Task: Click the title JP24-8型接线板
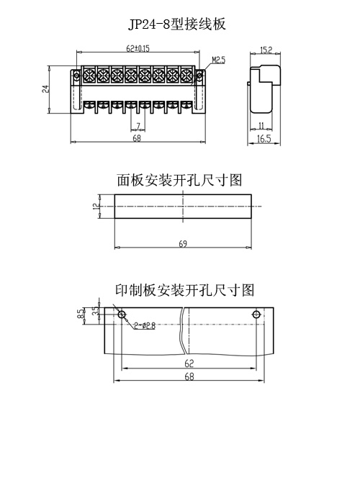[177, 24]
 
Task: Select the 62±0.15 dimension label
[138, 48]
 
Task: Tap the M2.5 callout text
[218, 60]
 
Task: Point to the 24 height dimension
[45, 89]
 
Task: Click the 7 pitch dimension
[138, 126]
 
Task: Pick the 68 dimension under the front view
[137, 138]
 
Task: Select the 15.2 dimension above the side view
[266, 50]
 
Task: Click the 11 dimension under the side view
[261, 125]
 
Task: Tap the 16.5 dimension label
[264, 139]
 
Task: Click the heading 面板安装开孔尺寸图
[179, 180]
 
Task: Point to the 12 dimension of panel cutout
[96, 207]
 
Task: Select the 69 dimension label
[183, 244]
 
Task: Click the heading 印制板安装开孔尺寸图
[185, 290]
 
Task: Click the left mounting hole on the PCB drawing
[122, 314]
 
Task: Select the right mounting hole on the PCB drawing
[256, 314]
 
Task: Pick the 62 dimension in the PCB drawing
[189, 363]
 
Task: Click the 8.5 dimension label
[80, 314]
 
